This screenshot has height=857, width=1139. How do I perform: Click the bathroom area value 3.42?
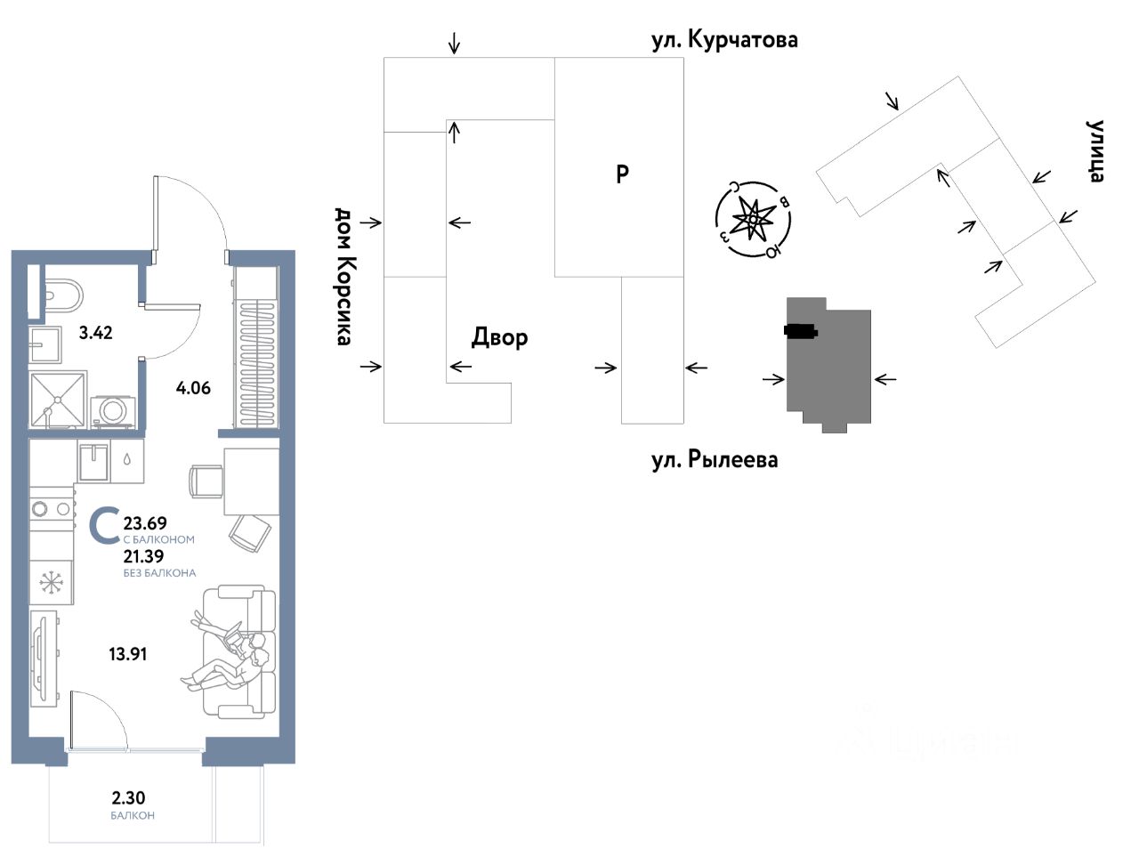(x=96, y=333)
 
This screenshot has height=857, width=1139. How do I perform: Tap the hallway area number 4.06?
(x=193, y=387)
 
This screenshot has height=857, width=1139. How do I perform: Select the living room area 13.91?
(x=128, y=654)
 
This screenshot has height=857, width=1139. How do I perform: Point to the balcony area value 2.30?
(x=129, y=798)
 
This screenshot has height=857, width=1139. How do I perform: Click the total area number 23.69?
(x=145, y=523)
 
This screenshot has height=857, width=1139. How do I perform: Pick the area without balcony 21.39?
(x=143, y=556)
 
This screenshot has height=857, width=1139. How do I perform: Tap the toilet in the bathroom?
(x=62, y=292)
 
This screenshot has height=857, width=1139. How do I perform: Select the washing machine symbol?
(x=113, y=410)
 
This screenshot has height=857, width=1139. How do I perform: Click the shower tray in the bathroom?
(x=58, y=400)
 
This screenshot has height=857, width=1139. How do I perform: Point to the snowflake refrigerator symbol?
(x=52, y=584)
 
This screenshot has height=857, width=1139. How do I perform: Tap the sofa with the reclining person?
(x=240, y=651)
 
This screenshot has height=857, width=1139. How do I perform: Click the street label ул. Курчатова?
(x=724, y=40)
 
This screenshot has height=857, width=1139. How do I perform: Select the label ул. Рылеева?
(x=715, y=460)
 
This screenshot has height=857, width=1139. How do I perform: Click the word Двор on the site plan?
(x=499, y=337)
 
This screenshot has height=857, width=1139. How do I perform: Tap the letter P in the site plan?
(x=623, y=174)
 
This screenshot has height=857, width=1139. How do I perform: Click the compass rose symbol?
(x=754, y=219)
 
